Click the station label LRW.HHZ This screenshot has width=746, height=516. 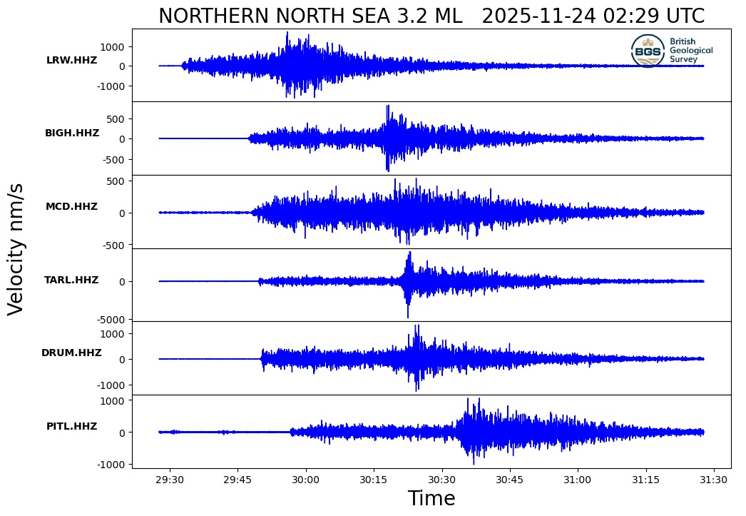point(71,61)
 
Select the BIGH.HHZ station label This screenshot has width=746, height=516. point(72,133)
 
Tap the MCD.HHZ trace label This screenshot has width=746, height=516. point(71,207)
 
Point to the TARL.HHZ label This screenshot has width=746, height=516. point(71,280)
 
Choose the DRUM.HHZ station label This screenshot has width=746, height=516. point(71,353)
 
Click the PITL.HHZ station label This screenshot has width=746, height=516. point(71,427)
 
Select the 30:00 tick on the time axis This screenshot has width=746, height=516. point(306,480)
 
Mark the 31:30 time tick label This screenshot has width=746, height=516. point(714,480)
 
